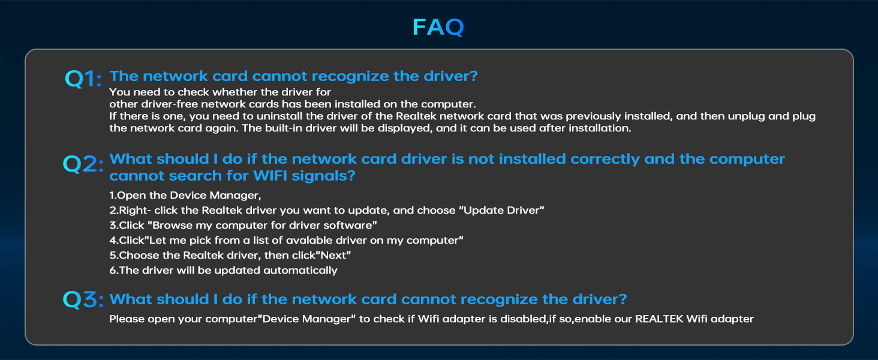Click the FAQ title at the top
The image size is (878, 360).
pos(438,27)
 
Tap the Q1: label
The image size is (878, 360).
pos(83,79)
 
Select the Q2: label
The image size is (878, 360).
pos(83,164)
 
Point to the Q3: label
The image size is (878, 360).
pos(83,299)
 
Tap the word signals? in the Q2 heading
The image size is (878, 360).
pos(323,176)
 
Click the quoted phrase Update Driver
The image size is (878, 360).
pos(503,211)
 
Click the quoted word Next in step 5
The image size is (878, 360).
pos(333,256)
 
